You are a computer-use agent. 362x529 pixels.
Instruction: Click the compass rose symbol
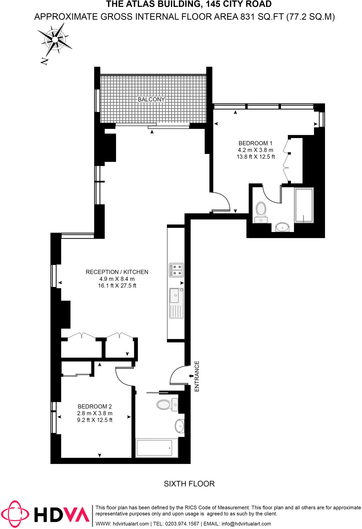(x=55, y=40)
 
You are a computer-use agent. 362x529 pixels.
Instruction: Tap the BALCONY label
(x=151, y=99)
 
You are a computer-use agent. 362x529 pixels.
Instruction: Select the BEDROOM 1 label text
(x=255, y=143)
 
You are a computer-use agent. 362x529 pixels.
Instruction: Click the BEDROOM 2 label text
(x=95, y=407)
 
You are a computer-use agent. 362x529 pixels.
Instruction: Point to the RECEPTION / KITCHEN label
(x=117, y=272)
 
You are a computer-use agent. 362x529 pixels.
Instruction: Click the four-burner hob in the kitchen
(x=176, y=270)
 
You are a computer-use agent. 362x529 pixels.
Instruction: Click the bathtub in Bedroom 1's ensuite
(x=304, y=205)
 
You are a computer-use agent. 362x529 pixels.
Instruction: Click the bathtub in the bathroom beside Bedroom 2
(x=155, y=448)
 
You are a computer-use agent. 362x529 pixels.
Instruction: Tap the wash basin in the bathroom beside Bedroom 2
(x=180, y=426)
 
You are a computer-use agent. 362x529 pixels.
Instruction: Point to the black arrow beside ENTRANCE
(x=191, y=376)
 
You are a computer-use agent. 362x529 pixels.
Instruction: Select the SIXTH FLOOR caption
(x=189, y=484)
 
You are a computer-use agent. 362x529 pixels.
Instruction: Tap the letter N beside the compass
(x=44, y=61)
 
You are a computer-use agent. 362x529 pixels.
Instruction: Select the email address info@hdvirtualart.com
(x=246, y=524)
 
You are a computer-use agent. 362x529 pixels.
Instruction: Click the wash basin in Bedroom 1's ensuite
(x=282, y=228)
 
